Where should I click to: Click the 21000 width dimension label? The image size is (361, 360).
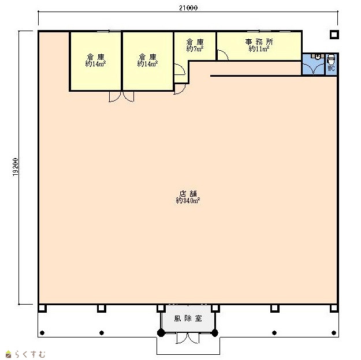point(188,7)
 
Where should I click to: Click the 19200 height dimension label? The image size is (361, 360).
point(15,167)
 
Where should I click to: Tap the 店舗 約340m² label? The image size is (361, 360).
point(188,197)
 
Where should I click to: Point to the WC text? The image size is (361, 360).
point(331,68)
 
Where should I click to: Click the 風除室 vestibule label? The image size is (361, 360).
point(188,318)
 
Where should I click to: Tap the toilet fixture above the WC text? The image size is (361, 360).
point(331,59)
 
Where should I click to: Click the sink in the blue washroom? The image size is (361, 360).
point(318,57)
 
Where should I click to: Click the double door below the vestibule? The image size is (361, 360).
point(188,338)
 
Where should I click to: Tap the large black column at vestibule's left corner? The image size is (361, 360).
point(161,333)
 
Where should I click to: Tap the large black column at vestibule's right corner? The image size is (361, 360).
point(215,333)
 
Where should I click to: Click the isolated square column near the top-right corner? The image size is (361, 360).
point(334,35)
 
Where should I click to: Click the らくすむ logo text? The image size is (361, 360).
point(30,354)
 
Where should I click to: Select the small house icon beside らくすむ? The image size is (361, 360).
point(8,354)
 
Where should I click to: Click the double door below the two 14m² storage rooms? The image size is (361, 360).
point(121,96)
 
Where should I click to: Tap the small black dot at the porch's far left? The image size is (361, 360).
point(42,333)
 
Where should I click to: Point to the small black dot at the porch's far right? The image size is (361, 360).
point(334,333)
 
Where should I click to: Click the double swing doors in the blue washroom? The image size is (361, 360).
point(313,68)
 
